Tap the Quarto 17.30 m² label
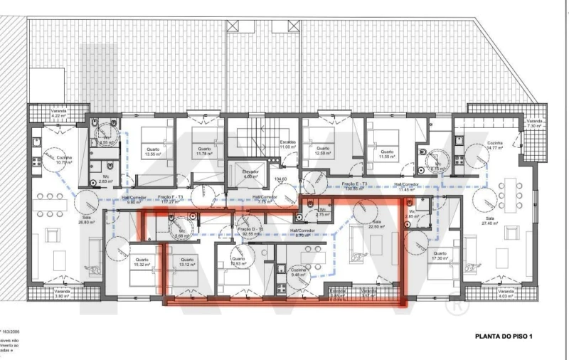440,255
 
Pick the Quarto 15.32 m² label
139,261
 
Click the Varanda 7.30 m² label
535,124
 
